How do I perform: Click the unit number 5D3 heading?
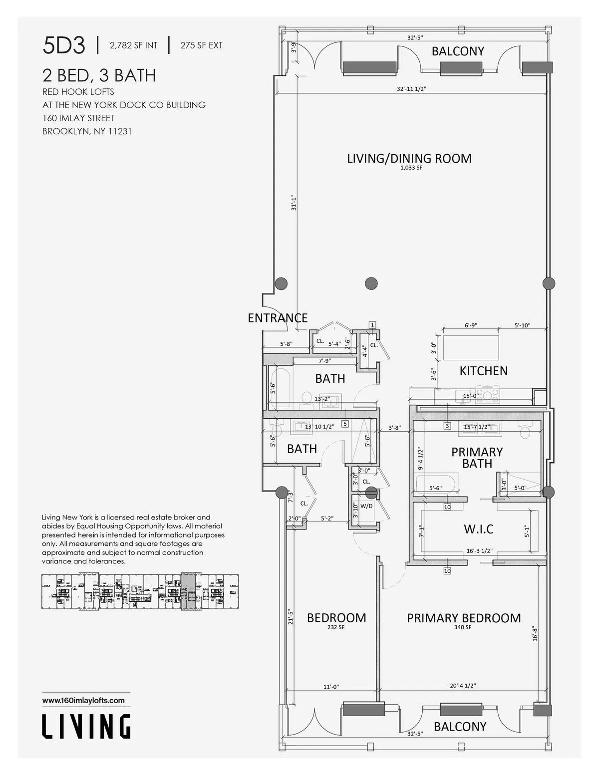[x=64, y=46]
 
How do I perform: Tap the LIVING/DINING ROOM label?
[x=409, y=159]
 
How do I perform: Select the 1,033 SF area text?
[x=411, y=169]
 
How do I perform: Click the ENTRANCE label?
[x=278, y=318]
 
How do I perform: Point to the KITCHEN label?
[x=483, y=371]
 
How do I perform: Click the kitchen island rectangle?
[x=471, y=347]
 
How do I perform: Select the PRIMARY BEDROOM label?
[x=463, y=618]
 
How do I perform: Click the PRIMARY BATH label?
[x=477, y=458]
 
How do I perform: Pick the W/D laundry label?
[x=366, y=506]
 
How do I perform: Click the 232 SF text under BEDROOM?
[x=336, y=628]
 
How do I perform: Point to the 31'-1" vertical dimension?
[x=294, y=203]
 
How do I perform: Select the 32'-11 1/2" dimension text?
[x=411, y=89]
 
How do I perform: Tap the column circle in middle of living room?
[x=371, y=283]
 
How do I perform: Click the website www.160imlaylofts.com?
[x=83, y=700]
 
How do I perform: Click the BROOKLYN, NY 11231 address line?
[x=87, y=132]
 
